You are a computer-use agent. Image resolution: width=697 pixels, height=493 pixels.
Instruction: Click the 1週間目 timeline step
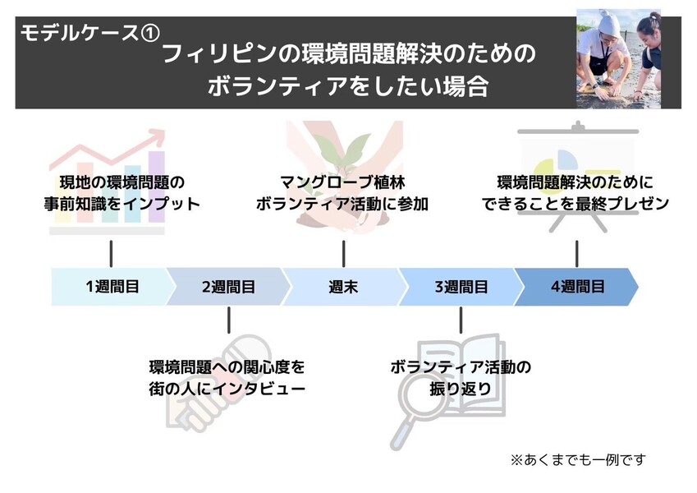point(111,287)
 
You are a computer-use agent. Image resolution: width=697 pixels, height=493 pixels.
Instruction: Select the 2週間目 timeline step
point(227,287)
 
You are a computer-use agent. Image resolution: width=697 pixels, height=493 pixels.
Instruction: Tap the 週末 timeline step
point(343,287)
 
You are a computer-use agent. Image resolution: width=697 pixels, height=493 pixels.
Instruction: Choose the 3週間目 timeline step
point(461,287)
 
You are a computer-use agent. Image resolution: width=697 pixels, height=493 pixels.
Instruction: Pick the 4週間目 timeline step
point(577,287)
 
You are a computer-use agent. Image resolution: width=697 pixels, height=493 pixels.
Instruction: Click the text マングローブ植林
point(343,182)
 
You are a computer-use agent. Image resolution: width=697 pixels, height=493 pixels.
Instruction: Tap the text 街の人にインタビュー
point(229,387)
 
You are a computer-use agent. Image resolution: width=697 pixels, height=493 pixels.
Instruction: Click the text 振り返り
point(461,388)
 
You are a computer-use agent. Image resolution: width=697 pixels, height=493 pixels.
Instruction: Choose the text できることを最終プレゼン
point(577,204)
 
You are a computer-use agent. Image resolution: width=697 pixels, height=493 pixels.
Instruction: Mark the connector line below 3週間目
point(461,320)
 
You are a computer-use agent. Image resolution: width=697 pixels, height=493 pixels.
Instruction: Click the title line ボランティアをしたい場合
point(348,86)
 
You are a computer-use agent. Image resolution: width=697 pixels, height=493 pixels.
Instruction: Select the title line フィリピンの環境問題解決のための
point(348,56)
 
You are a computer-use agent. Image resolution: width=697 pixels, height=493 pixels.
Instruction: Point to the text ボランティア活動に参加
point(343,204)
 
